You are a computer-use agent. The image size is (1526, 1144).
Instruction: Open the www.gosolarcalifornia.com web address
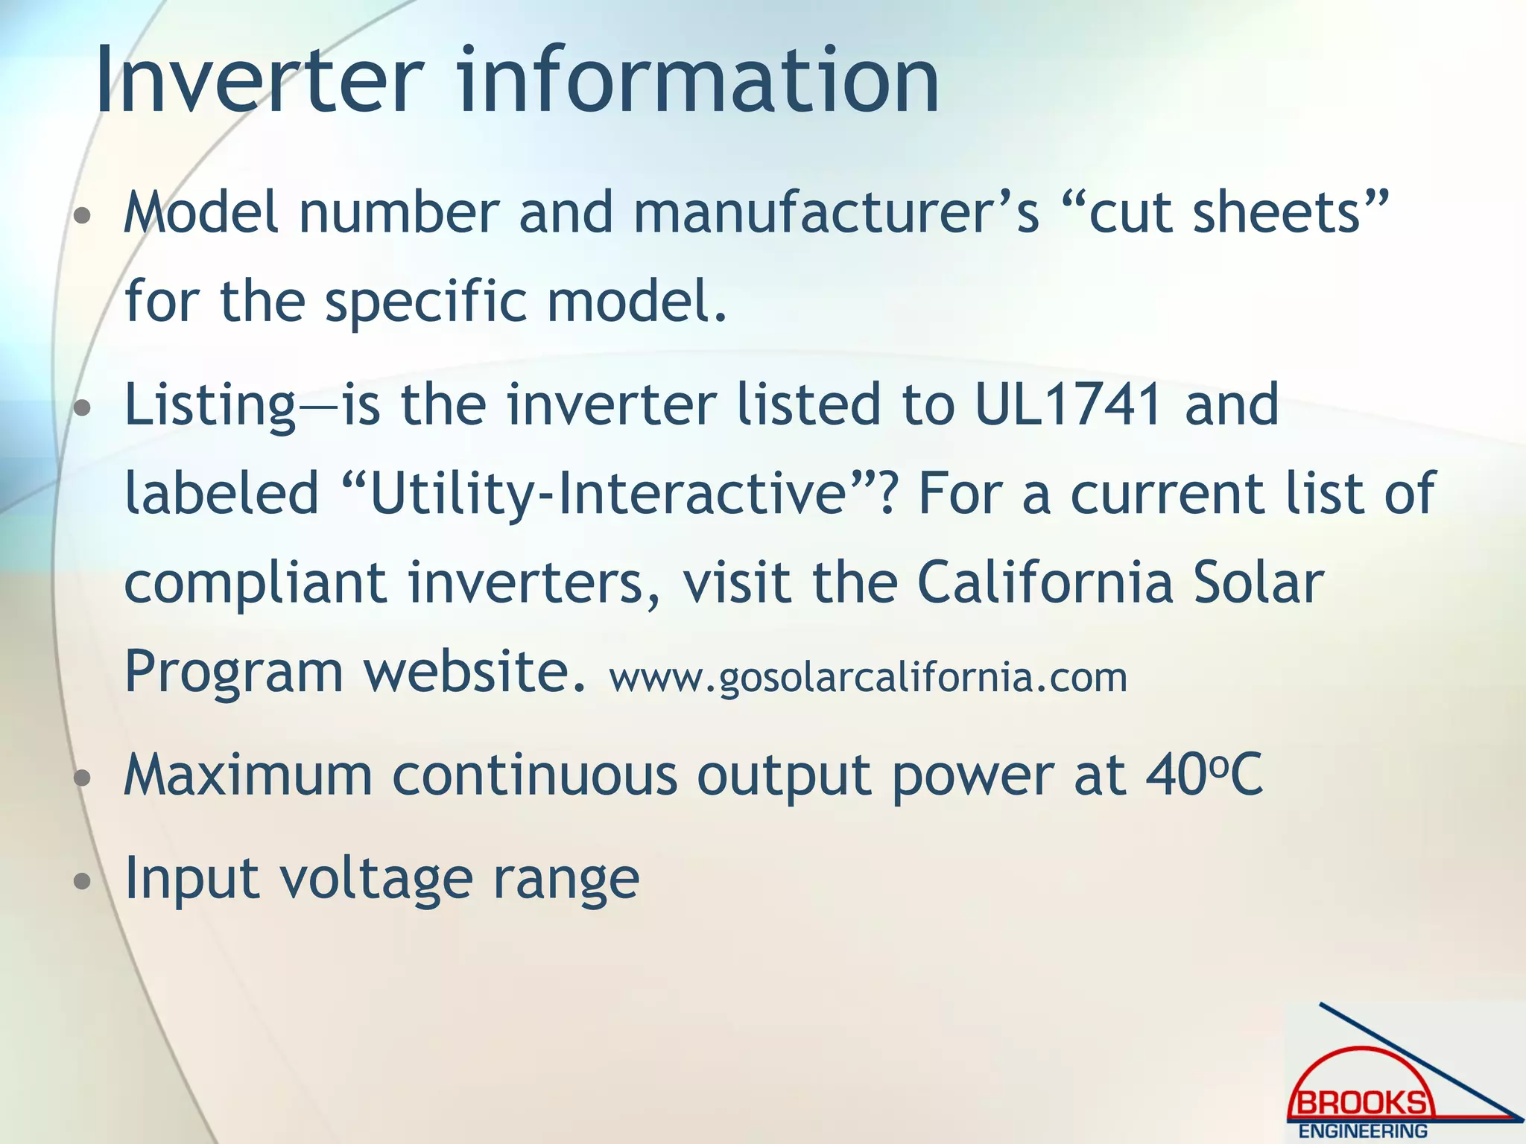pos(868,678)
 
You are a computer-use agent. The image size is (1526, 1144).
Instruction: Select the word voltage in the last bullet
pos(376,880)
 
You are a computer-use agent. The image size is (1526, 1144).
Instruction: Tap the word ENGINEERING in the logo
pos(1363,1131)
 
